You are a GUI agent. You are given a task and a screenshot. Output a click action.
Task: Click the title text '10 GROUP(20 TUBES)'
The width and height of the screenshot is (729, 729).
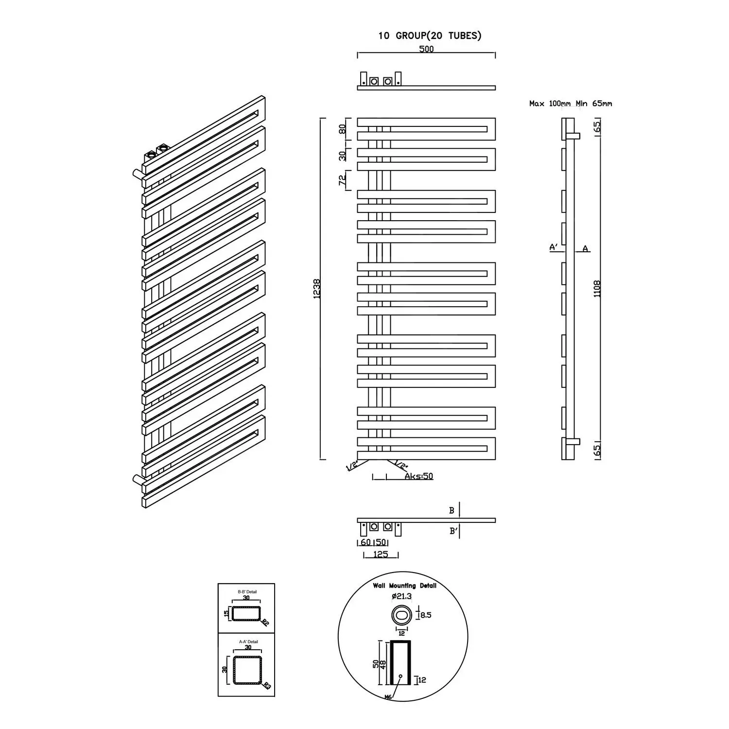(x=430, y=36)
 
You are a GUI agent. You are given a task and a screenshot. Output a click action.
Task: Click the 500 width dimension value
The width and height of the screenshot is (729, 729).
(x=426, y=49)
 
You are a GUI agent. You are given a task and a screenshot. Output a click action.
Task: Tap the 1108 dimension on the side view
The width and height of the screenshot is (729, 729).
(x=597, y=288)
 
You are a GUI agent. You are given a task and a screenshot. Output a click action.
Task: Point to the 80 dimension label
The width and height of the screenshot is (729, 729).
(x=342, y=129)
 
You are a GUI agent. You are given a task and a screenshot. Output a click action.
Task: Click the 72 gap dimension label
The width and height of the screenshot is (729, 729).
(x=342, y=180)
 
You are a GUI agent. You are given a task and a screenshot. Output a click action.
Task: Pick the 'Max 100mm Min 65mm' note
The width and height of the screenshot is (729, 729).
(x=571, y=104)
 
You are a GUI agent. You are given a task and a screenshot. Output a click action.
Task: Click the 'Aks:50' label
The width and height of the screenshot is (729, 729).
(x=418, y=476)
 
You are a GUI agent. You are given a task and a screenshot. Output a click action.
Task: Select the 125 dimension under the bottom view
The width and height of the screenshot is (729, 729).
(x=381, y=554)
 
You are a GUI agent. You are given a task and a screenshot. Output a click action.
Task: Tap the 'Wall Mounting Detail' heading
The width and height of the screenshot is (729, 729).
(x=404, y=586)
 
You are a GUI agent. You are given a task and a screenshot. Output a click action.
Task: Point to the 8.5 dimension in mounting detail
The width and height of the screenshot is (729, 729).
(x=426, y=615)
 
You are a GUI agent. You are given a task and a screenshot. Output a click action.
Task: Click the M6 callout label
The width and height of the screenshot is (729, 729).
(x=388, y=697)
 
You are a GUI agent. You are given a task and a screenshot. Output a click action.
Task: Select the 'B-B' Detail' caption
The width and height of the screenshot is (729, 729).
(x=247, y=591)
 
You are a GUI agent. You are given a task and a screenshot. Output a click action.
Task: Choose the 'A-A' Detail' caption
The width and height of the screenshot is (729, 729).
(x=248, y=642)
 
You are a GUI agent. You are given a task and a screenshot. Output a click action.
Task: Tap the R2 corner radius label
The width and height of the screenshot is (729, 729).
(x=265, y=622)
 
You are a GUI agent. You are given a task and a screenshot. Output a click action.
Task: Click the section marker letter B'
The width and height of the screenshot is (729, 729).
(x=453, y=531)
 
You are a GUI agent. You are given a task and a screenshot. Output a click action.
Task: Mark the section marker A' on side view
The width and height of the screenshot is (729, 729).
(x=553, y=247)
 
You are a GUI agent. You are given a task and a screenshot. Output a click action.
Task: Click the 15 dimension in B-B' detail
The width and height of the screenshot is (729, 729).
(x=226, y=614)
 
